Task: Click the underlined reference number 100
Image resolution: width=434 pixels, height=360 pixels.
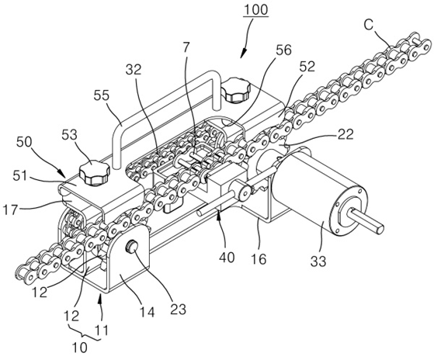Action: [255, 9]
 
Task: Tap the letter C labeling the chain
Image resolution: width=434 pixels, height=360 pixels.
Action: [369, 25]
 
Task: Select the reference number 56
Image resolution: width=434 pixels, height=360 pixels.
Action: [283, 50]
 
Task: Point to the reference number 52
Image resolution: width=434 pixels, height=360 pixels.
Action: [307, 67]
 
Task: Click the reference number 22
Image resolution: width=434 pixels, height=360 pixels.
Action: [345, 135]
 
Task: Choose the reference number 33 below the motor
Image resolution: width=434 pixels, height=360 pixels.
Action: [318, 261]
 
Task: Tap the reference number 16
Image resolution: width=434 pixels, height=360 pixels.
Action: [259, 259]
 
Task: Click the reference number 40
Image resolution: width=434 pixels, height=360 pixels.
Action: [227, 257]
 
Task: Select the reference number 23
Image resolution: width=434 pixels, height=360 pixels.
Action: [178, 309]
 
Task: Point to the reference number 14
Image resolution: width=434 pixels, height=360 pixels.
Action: [147, 312]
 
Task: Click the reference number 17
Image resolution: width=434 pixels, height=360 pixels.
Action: [11, 209]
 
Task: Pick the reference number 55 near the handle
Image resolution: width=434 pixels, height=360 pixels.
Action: [101, 95]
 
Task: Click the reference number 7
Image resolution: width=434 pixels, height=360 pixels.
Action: [186, 47]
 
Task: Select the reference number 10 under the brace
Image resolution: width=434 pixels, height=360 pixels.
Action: [79, 348]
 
